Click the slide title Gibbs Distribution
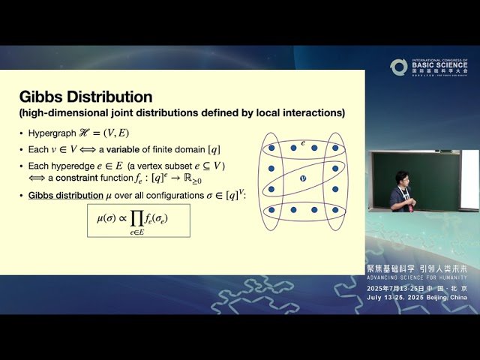85,97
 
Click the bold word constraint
78,179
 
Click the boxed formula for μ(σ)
138,220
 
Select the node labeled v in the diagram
303,178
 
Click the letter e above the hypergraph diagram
303,142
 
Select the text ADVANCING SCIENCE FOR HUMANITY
416,277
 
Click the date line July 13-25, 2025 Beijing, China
417,297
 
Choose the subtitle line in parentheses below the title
182,113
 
